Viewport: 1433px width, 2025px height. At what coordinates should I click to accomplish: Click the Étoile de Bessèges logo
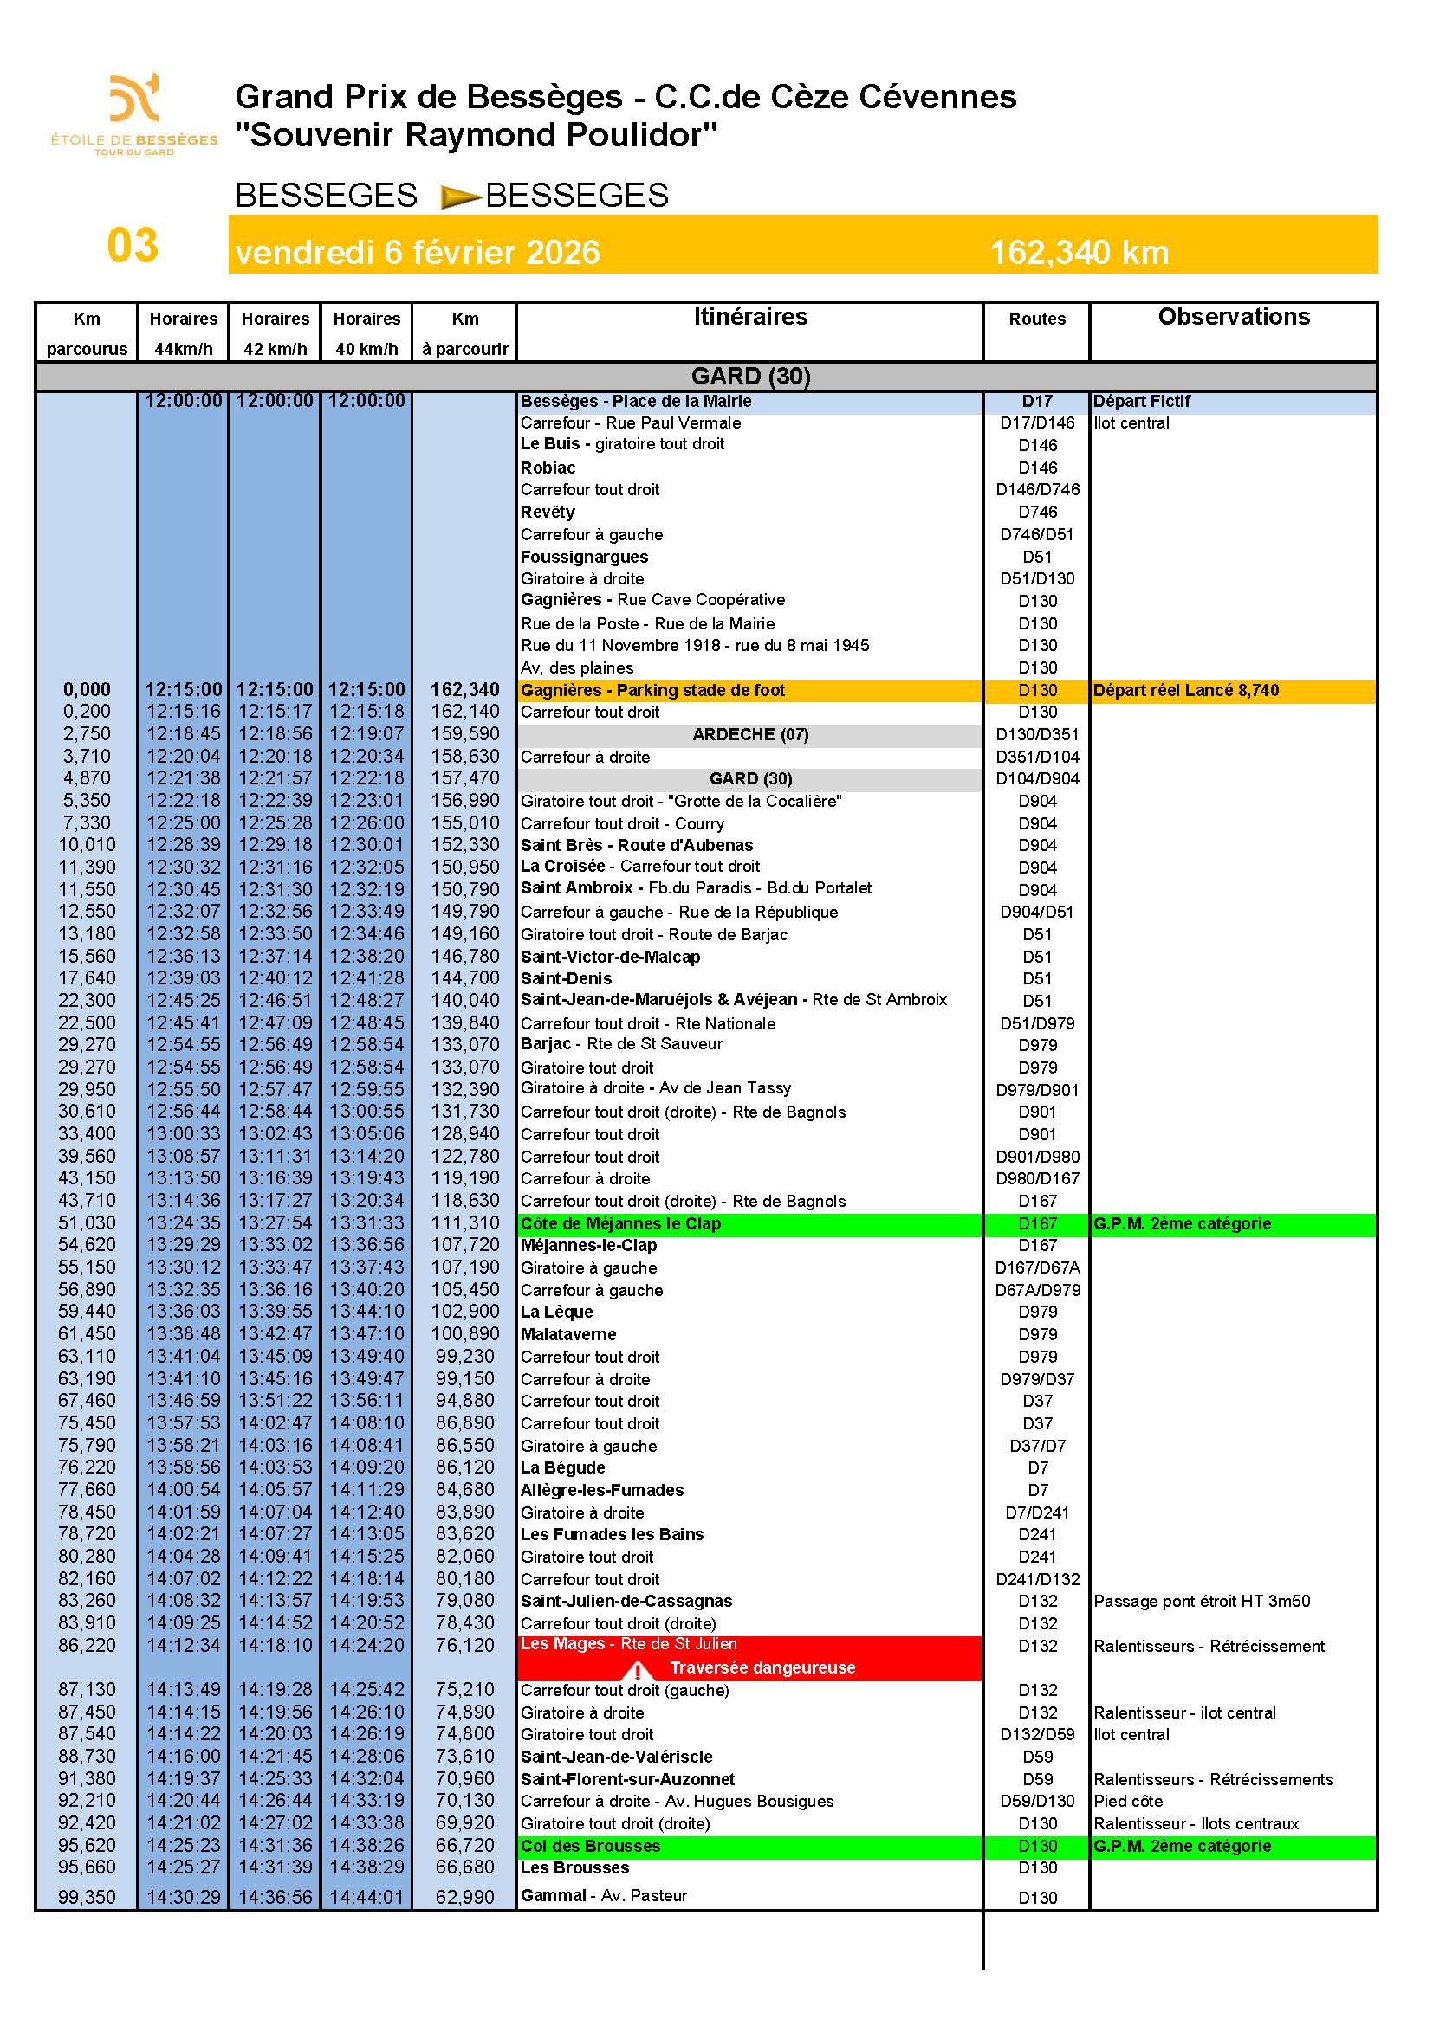(134, 113)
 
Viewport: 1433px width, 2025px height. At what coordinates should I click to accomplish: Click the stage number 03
(133, 245)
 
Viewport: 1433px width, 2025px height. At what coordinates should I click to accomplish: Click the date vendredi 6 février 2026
(418, 253)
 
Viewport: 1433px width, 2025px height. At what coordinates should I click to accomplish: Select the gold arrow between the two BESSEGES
(460, 196)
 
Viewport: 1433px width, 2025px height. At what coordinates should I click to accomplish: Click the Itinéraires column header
(749, 318)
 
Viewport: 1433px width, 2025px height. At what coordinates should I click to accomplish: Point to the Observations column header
(1233, 318)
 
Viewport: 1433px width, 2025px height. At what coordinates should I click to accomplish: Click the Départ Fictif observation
(1141, 402)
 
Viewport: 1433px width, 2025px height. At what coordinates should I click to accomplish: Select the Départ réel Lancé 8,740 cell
(1185, 691)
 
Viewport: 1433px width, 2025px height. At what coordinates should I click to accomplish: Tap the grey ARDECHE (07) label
(749, 735)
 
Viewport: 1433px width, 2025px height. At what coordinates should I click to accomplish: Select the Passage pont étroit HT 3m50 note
(1201, 1601)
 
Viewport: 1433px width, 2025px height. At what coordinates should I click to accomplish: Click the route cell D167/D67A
(1037, 1267)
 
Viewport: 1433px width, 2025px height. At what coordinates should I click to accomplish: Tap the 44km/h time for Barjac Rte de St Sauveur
(184, 1044)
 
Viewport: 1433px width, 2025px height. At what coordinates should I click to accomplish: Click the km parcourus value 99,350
(87, 1897)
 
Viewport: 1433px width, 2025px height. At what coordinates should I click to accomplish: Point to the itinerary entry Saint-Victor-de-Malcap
(610, 956)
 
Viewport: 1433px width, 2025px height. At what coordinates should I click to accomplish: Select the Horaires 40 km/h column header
(366, 332)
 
